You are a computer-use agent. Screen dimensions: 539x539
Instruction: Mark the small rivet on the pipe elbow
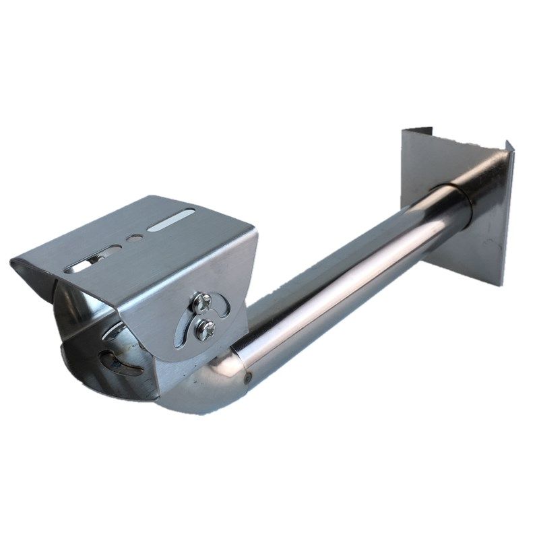click(249, 378)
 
